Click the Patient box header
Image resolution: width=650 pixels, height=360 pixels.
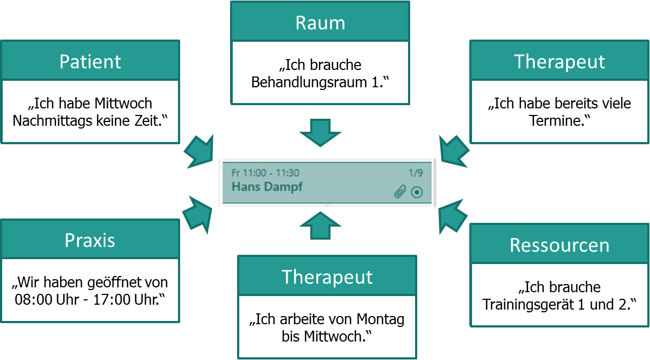click(90, 61)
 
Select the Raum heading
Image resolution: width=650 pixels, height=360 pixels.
click(320, 23)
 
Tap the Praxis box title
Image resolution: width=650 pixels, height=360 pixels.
click(90, 240)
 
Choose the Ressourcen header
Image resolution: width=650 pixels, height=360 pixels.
click(559, 245)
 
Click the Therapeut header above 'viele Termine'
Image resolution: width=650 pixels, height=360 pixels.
click(559, 61)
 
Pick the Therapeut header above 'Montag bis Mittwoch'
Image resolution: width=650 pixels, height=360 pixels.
click(327, 277)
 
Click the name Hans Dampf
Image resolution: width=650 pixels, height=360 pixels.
click(267, 187)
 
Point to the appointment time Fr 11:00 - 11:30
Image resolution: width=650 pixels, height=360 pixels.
click(265, 173)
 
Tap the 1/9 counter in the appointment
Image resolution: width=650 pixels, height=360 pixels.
click(415, 173)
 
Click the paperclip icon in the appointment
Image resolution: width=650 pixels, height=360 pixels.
click(400, 192)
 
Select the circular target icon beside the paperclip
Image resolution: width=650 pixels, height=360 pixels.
click(416, 192)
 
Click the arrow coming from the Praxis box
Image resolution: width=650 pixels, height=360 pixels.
click(198, 213)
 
